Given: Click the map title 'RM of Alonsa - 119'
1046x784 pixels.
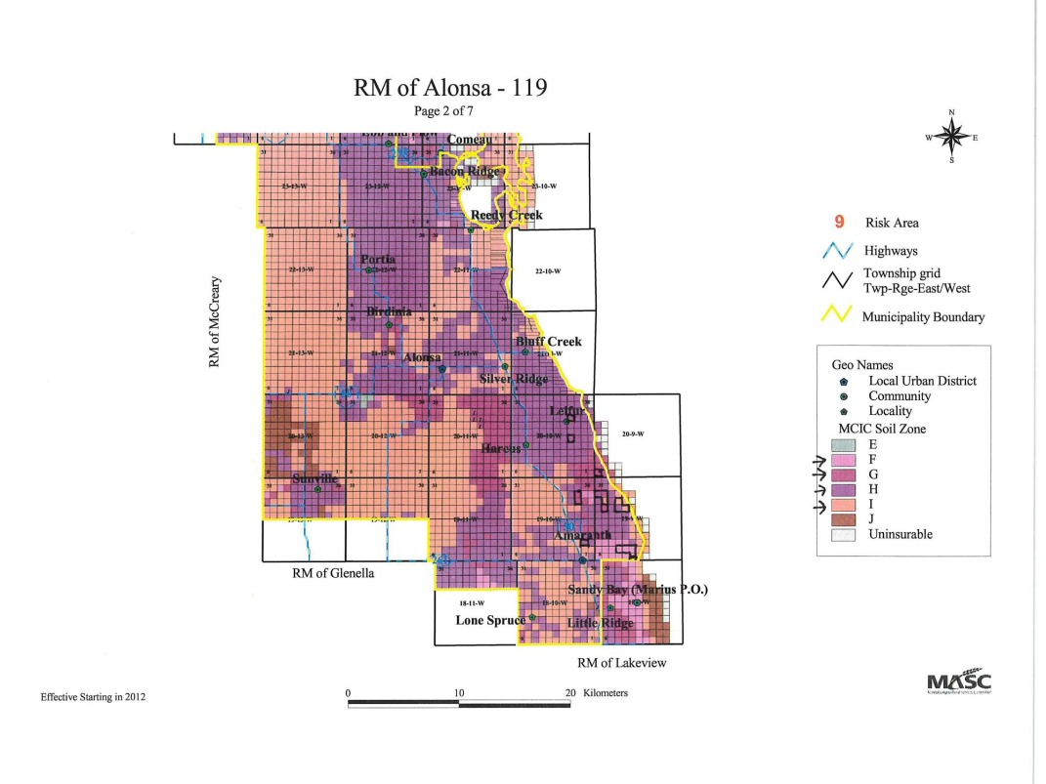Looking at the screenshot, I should point(449,88).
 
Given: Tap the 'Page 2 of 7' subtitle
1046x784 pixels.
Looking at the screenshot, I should point(449,111).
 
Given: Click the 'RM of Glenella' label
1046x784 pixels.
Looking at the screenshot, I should point(333,573).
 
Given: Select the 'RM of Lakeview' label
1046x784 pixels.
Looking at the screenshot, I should point(617,664).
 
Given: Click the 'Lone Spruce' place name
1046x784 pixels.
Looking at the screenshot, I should point(489,620).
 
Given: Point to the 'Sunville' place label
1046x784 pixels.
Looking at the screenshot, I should point(314,478).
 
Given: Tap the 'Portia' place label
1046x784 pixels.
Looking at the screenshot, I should point(378,259).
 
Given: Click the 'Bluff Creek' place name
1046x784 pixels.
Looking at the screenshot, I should point(549,342).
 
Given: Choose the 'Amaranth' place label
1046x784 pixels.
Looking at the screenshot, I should point(582,534).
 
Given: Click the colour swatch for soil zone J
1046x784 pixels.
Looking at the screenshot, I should point(842,518).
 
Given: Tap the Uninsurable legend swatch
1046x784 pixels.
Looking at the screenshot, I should point(842,534).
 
